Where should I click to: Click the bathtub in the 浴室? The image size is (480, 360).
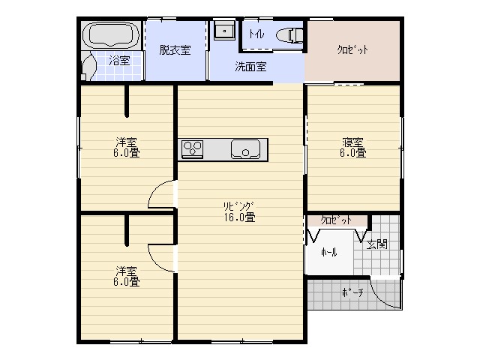pos(112,35)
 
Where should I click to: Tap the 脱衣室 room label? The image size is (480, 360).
pos(175,50)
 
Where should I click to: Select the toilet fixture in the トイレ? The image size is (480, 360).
pos(289,35)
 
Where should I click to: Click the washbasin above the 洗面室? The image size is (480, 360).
pos(224,30)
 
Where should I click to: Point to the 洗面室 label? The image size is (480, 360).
pos(250,67)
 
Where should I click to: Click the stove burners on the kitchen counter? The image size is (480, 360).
pos(193,148)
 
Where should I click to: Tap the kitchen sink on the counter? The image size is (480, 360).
pos(245,149)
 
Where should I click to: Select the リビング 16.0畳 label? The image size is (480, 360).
pos(239,211)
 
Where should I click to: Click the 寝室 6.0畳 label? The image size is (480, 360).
pos(353,148)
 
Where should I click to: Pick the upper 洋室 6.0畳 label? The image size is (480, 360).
pos(127,147)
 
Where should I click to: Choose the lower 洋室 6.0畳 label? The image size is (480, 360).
pos(127,276)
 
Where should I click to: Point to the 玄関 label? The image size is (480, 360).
pos(377,244)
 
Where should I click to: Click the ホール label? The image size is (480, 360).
pos(329,252)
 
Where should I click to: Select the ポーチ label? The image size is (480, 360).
pos(352,292)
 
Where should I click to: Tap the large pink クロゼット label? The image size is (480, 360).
pos(352,50)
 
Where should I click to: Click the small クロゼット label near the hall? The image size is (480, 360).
pos(336,220)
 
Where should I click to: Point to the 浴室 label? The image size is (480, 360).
pos(120,60)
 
